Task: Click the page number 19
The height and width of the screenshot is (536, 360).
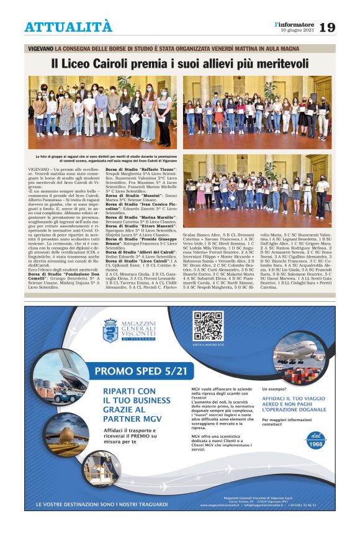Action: coord(327,27)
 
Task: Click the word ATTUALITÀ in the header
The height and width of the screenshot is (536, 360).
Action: coord(68,27)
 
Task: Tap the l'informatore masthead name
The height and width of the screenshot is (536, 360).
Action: coord(294,24)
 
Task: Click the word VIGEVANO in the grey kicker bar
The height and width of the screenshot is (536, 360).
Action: coord(40,48)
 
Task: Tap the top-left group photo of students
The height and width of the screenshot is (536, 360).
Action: coord(102,112)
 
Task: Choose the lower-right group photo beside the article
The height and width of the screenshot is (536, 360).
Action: coord(257,191)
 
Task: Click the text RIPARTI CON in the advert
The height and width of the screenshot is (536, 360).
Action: coord(129,391)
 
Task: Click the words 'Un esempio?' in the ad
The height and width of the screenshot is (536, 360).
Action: coord(277,388)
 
